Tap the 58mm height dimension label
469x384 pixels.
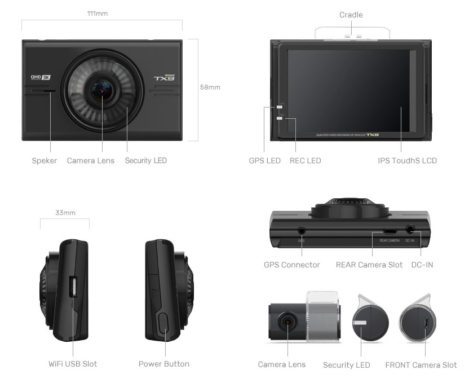pos(210,87)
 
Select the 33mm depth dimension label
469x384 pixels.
pos(65,213)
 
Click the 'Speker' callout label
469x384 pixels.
pos(44,161)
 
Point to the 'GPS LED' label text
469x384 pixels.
pos(264,161)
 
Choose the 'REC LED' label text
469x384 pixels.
pos(305,161)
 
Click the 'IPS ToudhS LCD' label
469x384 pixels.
pos(407,161)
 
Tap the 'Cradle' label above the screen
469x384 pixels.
pos(351,15)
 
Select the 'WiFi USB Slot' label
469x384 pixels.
pos(73,364)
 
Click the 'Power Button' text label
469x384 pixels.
pos(164,364)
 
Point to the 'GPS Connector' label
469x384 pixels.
pos(291,265)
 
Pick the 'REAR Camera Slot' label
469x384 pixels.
pos(369,265)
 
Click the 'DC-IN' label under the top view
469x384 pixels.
pos(422,265)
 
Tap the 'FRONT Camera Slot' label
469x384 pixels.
pos(421,365)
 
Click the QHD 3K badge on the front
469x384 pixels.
pos(41,78)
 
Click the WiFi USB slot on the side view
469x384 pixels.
pos(73,287)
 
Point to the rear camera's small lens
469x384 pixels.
pos(287,322)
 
